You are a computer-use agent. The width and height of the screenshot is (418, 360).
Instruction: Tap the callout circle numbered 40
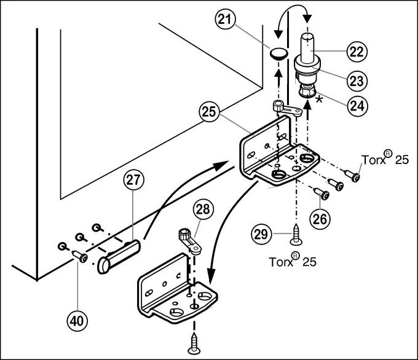[77, 319]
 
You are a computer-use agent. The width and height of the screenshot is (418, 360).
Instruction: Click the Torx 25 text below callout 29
[293, 261]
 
